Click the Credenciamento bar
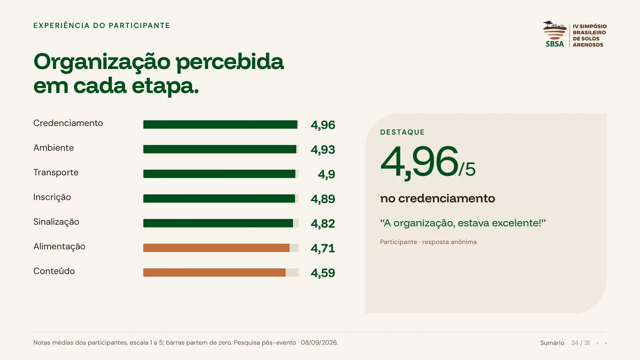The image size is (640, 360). [x=220, y=124]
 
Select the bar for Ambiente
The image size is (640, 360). [x=220, y=149]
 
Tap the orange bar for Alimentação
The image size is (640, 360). [x=216, y=248]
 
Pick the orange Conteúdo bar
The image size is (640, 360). [x=214, y=273]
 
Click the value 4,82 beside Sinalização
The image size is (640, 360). [x=323, y=223]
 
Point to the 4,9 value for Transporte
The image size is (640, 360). [x=326, y=174]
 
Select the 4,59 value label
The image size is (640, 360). [x=323, y=273]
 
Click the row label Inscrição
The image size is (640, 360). [x=52, y=197]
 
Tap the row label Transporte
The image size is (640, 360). [x=56, y=172]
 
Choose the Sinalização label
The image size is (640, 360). [x=56, y=222]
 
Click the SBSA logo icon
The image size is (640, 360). [x=555, y=34]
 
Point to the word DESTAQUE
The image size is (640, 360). [x=402, y=132]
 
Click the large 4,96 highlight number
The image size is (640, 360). [x=419, y=162]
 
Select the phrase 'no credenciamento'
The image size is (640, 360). [x=437, y=198]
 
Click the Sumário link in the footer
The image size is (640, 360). [x=552, y=343]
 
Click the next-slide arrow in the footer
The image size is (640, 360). [x=605, y=343]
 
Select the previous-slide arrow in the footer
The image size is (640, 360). [x=597, y=343]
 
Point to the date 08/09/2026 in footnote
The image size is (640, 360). [x=319, y=343]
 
